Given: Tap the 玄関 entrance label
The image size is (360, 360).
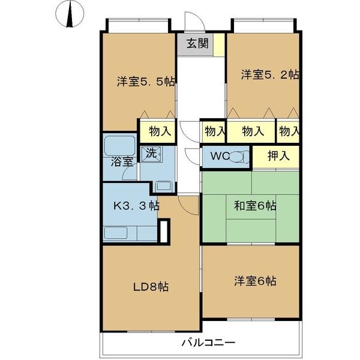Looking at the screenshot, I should coord(195,43).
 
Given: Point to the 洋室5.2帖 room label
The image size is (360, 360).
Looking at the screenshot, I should coord(270,75).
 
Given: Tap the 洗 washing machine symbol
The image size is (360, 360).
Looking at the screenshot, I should coord(152,152).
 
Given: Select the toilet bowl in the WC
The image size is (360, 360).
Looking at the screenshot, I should coord(240,157).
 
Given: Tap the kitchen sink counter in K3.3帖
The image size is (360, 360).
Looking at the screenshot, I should coord(128,233).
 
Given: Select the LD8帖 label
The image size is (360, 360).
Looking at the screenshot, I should coord(150,286).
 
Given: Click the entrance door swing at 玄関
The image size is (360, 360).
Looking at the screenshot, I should coord(196,23).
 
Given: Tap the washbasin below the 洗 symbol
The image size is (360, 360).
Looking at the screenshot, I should coord(164,185).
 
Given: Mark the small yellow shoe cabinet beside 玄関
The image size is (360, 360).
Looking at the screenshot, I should coord(220,44).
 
